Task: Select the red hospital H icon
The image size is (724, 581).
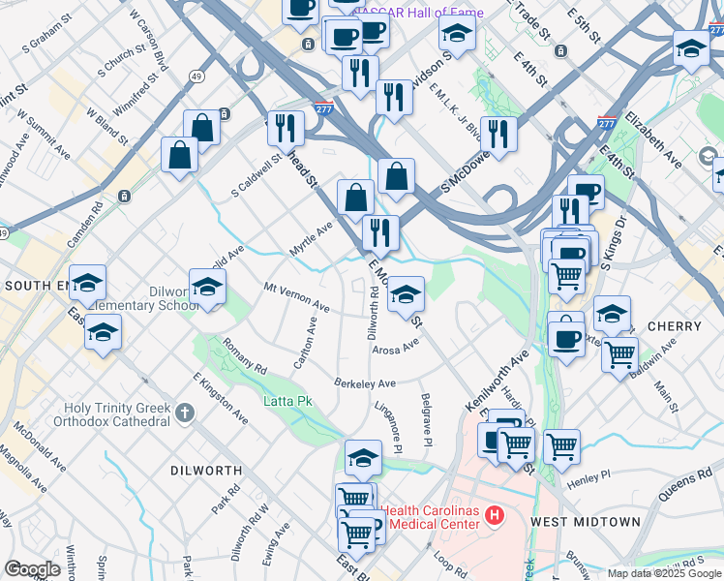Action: [x=496, y=514]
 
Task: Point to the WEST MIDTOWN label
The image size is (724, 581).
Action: [x=586, y=522]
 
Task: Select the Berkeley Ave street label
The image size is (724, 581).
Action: [x=366, y=383]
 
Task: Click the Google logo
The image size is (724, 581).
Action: [x=32, y=568]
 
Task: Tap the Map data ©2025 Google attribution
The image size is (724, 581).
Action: [x=663, y=573]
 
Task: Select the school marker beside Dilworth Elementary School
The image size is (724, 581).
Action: [x=207, y=289]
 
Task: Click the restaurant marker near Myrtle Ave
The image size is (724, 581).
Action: [x=380, y=232]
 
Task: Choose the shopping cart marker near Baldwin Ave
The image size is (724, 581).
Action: [x=619, y=354]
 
